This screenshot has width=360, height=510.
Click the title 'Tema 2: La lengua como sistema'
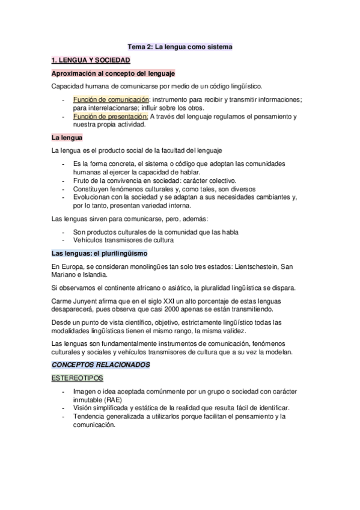click(180, 46)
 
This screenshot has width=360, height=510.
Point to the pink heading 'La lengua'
click(67, 137)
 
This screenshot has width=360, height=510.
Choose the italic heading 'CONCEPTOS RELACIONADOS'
click(100, 364)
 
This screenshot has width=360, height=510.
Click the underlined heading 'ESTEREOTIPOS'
click(78, 378)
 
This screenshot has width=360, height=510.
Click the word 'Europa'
click(72, 266)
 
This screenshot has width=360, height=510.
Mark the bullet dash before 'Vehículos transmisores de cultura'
click(64, 241)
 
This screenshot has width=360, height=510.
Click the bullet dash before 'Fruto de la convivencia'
click(64, 180)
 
